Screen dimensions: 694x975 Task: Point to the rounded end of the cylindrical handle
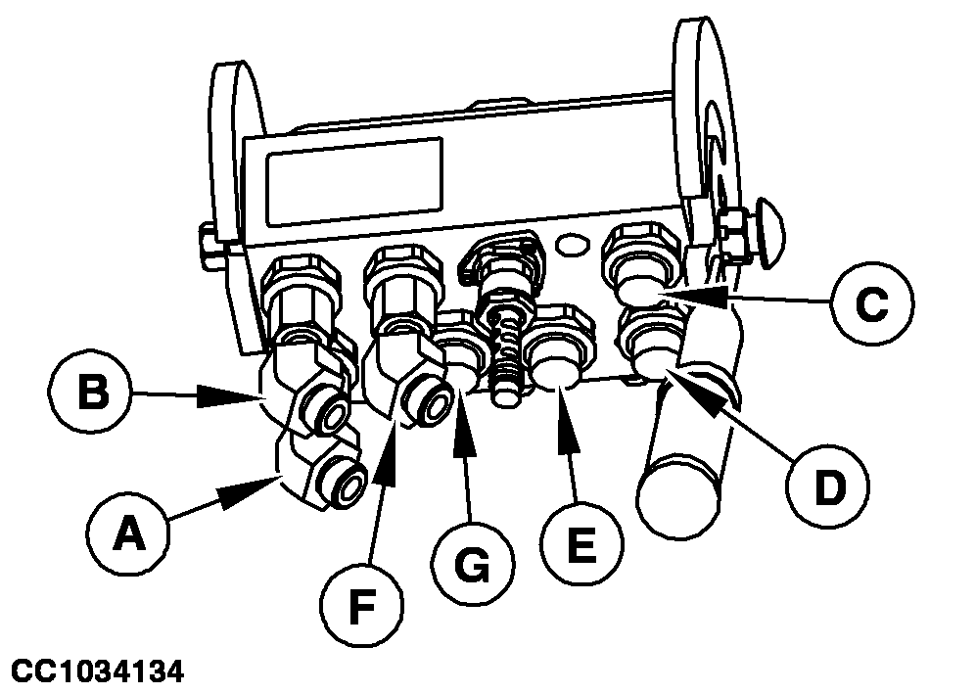(x=677, y=500)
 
